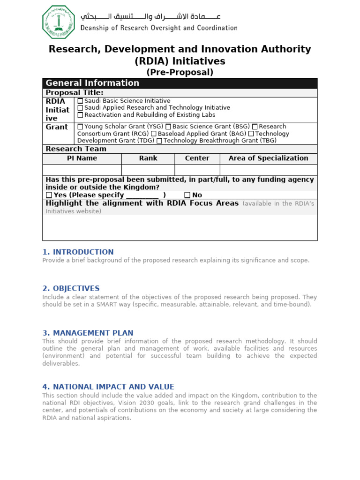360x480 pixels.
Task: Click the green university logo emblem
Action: [59, 22]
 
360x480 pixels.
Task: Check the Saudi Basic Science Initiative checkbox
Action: [80, 101]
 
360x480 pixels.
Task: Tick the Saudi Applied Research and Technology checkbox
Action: [80, 108]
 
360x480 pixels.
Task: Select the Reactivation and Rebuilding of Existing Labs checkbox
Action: [80, 115]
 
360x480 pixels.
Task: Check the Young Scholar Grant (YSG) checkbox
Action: [80, 127]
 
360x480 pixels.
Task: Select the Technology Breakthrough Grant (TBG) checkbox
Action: [159, 141]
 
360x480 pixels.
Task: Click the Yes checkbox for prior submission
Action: [49, 195]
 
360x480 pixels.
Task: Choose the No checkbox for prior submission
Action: [187, 195]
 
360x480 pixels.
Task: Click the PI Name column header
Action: [82, 158]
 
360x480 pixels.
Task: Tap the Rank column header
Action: [148, 158]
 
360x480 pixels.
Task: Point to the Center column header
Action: [197, 158]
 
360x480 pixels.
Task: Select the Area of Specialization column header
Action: [268, 158]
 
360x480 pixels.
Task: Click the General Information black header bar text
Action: [92, 83]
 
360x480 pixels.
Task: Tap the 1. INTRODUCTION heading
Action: [78, 252]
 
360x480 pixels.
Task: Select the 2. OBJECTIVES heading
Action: [71, 288]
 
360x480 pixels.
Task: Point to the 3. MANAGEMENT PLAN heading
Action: [88, 333]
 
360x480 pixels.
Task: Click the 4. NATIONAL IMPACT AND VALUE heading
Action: [108, 387]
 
